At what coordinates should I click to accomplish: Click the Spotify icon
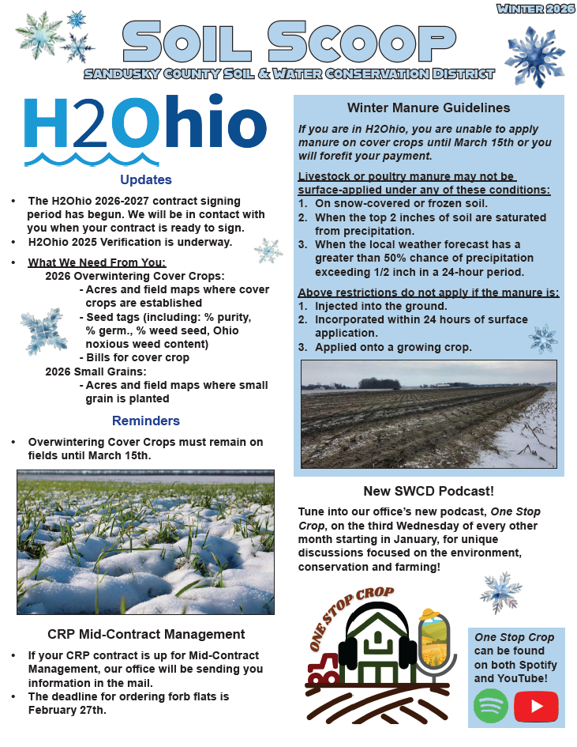point(490,706)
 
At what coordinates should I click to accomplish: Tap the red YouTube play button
point(536,706)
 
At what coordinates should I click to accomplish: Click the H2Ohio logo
point(145,129)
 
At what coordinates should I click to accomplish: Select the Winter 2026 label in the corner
point(536,9)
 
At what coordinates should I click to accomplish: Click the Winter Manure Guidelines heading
point(429,108)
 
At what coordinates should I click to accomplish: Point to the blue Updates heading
point(145,179)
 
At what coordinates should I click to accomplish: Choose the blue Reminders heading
point(145,421)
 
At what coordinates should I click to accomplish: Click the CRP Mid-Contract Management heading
point(146,634)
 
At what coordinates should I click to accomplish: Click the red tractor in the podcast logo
point(322,670)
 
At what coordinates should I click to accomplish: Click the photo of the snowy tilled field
point(429,413)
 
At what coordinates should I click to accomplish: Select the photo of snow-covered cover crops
point(145,541)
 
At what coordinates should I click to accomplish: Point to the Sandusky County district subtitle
point(290,74)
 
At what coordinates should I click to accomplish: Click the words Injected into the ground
point(380,306)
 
